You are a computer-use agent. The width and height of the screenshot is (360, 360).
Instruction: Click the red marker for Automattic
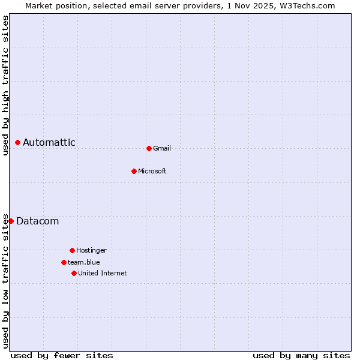pyautogui.click(x=18, y=142)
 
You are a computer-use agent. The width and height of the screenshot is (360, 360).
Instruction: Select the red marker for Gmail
pyautogui.click(x=149, y=148)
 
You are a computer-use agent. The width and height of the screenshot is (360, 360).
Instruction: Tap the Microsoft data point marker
pyautogui.click(x=134, y=171)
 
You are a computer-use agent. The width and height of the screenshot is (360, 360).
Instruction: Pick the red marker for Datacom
pyautogui.click(x=11, y=221)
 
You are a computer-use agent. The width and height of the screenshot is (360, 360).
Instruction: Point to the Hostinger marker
pyautogui.click(x=72, y=250)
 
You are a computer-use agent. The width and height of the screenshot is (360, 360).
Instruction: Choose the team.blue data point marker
pyautogui.click(x=64, y=262)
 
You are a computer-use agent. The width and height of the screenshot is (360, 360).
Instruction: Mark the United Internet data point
pyautogui.click(x=74, y=273)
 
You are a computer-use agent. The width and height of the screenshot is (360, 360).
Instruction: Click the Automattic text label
pyautogui.click(x=49, y=142)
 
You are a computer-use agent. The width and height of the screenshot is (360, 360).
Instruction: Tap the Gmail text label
pyautogui.click(x=162, y=148)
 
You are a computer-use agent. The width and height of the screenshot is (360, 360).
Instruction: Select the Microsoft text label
pyautogui.click(x=152, y=171)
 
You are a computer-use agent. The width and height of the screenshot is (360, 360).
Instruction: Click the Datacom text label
pyautogui.click(x=37, y=221)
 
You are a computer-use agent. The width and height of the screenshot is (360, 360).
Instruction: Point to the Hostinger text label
pyautogui.click(x=91, y=250)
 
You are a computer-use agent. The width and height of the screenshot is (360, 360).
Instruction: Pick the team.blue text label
pyautogui.click(x=84, y=262)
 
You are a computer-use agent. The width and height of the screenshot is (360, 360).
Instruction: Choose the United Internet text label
pyautogui.click(x=103, y=273)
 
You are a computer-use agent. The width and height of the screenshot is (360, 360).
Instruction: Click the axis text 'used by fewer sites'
pyautogui.click(x=62, y=355)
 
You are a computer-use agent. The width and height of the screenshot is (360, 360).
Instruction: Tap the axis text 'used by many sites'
pyautogui.click(x=301, y=355)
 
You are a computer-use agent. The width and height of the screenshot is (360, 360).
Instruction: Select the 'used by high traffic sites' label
pyautogui.click(x=5, y=85)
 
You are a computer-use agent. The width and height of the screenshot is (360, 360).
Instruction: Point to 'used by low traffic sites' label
pyautogui.click(x=5, y=281)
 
